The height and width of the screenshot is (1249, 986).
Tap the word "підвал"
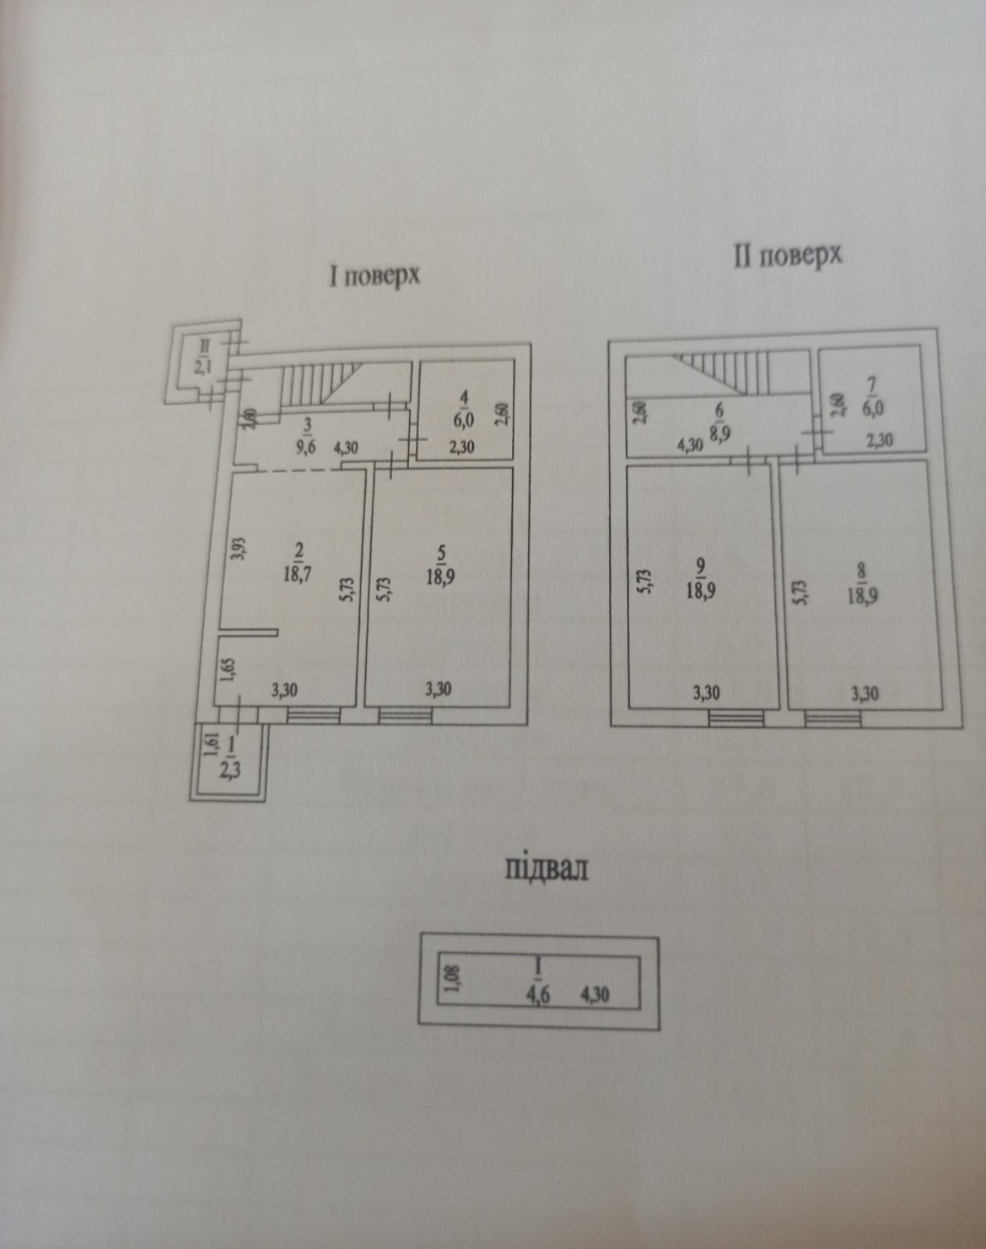click(x=546, y=868)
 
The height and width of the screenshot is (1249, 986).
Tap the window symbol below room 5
click(x=404, y=714)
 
